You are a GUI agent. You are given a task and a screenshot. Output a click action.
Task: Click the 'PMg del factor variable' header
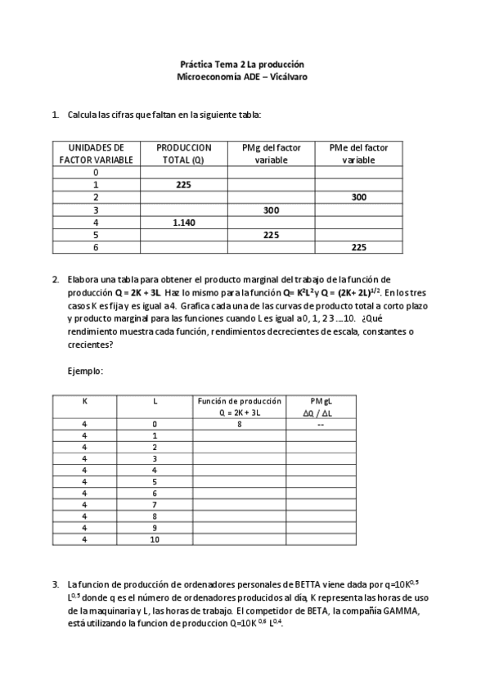coord(271,154)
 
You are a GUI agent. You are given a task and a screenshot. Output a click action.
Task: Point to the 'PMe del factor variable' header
coord(358,154)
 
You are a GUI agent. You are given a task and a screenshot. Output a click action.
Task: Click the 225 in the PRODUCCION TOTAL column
coord(183,185)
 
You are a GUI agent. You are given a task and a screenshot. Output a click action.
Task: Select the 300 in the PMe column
coord(358,197)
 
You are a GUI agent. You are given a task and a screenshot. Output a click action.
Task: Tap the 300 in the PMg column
coord(271,210)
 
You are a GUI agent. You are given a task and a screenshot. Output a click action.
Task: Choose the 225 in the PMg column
coord(271,234)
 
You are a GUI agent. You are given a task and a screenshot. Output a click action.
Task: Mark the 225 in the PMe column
coord(358,246)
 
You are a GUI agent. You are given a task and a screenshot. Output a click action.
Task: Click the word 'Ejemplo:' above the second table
coord(85,372)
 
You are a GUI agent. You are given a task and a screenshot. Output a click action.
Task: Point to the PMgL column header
coord(321,401)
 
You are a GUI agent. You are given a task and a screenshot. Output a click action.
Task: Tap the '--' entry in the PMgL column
coord(321,424)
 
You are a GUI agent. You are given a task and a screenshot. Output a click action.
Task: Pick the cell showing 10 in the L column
coord(154,539)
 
